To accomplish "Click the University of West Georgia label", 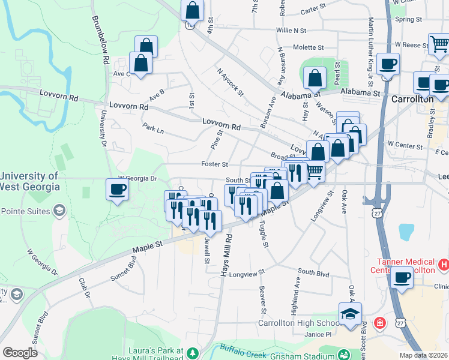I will click(30, 181).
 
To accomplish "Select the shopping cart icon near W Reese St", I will click(439, 44).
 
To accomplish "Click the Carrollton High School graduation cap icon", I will click(350, 314).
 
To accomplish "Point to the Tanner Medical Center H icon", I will click(444, 263).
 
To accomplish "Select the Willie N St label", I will click(291, 30).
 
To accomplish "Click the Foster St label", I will click(214, 164).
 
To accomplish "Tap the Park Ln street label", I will click(153, 128).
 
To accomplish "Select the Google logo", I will click(20, 352).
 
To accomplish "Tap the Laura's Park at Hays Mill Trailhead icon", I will click(193, 352).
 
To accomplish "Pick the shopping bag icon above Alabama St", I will click(315, 78).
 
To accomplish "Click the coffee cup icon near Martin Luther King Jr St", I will click(388, 64).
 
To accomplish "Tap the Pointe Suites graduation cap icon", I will click(59, 210).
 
